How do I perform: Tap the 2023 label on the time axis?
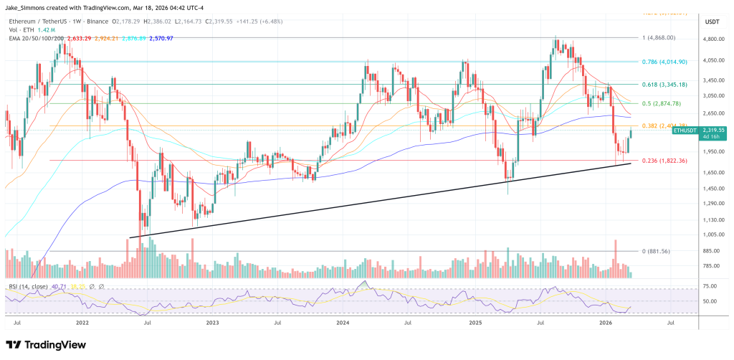pyautogui.click(x=212, y=324)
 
